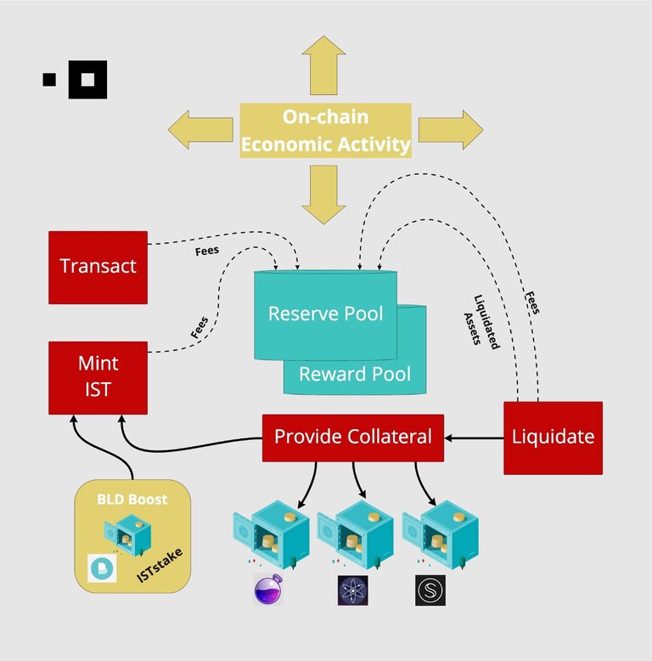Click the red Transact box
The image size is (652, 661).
click(98, 267)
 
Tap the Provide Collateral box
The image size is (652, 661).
click(352, 438)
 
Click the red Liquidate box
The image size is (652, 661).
click(553, 438)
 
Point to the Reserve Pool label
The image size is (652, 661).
click(326, 314)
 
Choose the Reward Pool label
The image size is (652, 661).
click(355, 374)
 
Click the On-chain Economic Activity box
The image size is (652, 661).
click(326, 131)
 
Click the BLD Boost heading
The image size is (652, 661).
click(132, 500)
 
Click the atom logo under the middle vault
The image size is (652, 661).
click(352, 590)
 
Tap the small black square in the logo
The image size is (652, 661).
click(49, 80)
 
